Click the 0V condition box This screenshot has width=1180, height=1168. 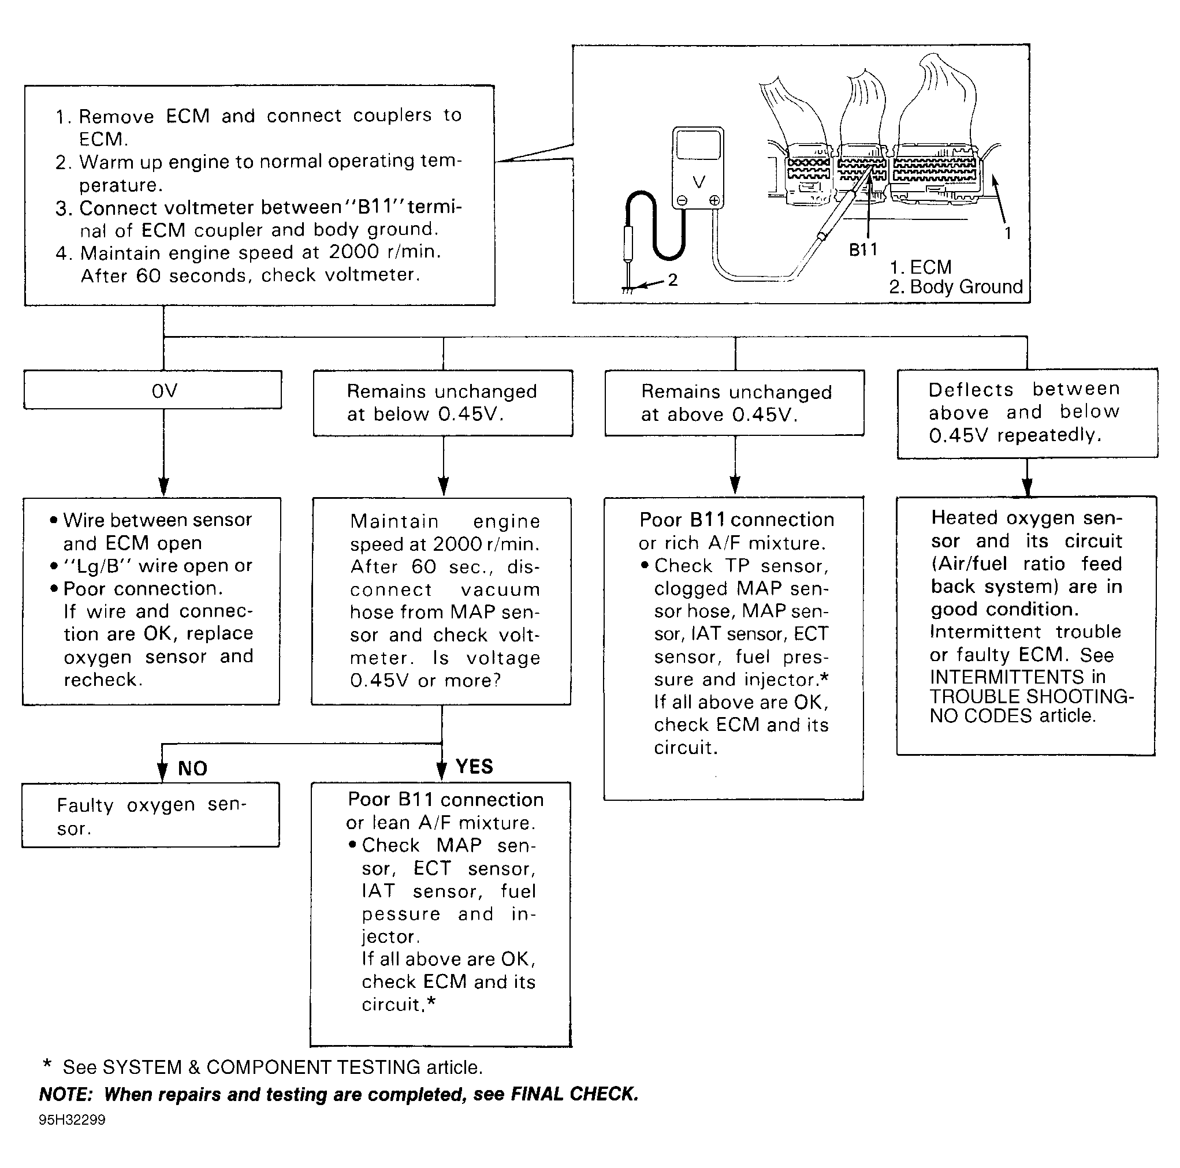pos(152,390)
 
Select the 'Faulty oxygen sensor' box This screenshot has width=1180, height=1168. pos(151,815)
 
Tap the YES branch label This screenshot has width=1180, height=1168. pos(474,766)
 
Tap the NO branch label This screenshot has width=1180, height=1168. pos(192,768)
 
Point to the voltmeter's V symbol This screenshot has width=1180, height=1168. pos(699,181)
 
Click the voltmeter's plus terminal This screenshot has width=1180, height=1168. pos(714,201)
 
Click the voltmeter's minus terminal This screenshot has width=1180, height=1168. pos(682,201)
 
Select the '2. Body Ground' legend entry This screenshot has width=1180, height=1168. pos(956,286)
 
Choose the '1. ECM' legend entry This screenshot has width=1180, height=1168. pos(921,267)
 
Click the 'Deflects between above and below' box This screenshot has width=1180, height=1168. pos(1028,413)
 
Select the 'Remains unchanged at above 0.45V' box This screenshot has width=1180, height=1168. pos(735,403)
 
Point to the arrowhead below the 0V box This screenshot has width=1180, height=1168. pos(163,487)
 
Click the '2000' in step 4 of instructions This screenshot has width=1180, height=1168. pos(354,252)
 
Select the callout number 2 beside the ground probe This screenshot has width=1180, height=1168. pos(672,279)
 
